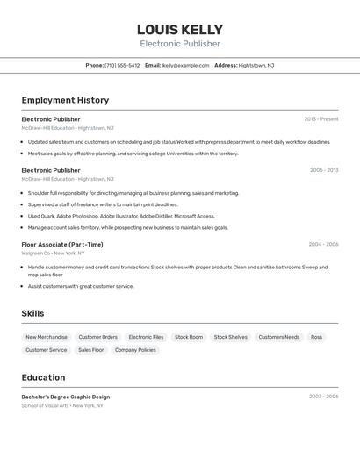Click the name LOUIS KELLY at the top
[x=180, y=30]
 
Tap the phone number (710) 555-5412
[x=122, y=65]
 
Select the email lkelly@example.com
[x=185, y=65]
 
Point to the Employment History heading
[x=65, y=100]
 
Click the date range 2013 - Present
[x=321, y=119]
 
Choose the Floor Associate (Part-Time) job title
[x=62, y=244]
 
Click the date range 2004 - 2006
[x=323, y=244]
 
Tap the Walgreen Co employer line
[x=54, y=253]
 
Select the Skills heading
[x=32, y=313]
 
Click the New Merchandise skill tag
[x=47, y=337]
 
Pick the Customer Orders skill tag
[x=97, y=337]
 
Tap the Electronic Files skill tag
[x=146, y=337]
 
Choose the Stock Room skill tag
[x=189, y=337]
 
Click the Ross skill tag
[x=316, y=337]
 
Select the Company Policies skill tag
[x=135, y=350]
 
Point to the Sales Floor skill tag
[x=90, y=350]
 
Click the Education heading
[x=43, y=377]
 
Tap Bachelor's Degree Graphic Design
[x=66, y=397]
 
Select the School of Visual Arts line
[x=62, y=405]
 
